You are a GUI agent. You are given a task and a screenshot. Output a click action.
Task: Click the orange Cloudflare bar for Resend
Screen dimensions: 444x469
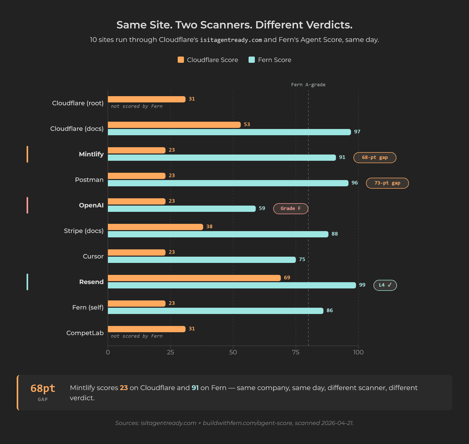tap(194, 278)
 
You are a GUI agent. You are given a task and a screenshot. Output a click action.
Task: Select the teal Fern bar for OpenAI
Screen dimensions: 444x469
tap(182, 209)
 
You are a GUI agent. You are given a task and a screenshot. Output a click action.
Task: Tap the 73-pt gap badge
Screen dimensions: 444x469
tap(387, 183)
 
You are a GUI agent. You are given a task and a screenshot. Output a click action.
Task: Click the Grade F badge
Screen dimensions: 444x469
tap(291, 209)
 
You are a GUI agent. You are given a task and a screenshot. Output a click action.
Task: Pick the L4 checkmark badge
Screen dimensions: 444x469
tap(385, 285)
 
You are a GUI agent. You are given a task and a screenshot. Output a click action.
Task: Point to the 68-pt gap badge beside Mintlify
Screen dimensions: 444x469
tap(375, 158)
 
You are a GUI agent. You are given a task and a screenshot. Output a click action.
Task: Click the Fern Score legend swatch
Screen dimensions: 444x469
tap(252, 60)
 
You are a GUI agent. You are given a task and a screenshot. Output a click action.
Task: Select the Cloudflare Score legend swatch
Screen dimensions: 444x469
tap(181, 60)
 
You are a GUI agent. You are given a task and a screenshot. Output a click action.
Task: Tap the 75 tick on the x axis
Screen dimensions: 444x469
tap(296, 352)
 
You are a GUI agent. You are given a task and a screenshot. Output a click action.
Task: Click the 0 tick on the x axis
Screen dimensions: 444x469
tap(108, 352)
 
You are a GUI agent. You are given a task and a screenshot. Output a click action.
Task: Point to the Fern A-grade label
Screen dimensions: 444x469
tap(308, 85)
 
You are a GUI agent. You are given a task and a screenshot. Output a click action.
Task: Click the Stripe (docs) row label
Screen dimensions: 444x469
tap(84, 231)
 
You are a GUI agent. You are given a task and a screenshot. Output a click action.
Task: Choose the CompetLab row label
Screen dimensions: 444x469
tap(85, 333)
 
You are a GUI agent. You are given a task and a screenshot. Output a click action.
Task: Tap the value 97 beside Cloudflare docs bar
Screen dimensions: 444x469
tap(357, 132)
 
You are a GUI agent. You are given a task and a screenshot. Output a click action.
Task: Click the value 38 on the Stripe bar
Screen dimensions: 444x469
tap(209, 227)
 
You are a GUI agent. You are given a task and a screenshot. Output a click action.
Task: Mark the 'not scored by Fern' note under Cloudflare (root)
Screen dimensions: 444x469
tap(137, 106)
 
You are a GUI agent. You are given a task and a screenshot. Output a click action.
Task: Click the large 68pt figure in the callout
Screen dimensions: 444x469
tap(43, 388)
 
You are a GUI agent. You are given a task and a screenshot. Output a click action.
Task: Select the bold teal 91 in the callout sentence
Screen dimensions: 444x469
tap(195, 388)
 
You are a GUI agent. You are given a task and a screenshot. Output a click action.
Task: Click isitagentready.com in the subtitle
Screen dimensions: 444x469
tap(231, 40)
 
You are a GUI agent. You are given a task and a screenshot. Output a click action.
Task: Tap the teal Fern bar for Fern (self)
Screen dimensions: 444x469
tap(215, 311)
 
